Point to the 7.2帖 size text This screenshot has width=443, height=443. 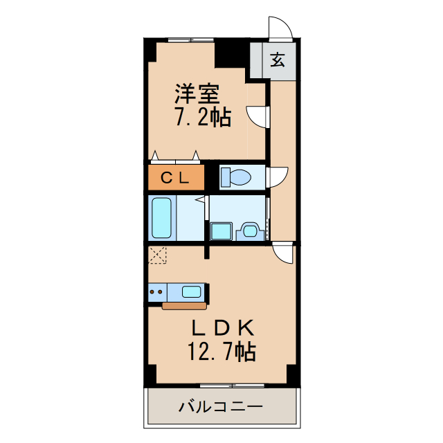[201, 118]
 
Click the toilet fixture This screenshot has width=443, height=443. [235, 178]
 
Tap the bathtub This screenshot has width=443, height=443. [161, 217]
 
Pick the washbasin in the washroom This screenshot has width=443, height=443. [247, 230]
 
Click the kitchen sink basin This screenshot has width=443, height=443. [192, 291]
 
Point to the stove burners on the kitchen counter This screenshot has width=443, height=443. [156, 292]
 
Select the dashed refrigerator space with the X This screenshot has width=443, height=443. [159, 255]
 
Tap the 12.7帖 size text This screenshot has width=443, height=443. [221, 352]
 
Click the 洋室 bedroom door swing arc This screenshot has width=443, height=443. [257, 114]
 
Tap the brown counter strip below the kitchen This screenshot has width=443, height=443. [183, 305]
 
